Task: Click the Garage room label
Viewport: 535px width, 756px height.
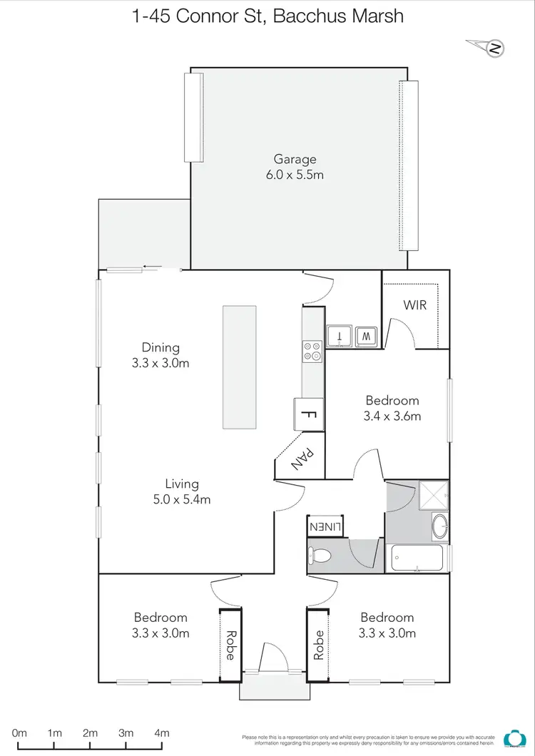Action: pos(295,160)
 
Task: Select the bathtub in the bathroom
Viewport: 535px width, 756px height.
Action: pos(418,557)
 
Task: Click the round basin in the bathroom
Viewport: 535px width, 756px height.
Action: pos(440,528)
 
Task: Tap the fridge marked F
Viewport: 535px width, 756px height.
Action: pos(309,414)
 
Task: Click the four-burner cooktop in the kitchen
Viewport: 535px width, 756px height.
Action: pos(312,351)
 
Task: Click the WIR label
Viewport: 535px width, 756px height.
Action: pos(414,305)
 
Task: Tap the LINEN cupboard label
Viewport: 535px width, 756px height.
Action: pos(325,527)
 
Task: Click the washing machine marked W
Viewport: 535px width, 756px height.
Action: pos(365,335)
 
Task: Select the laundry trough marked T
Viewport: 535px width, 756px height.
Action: pos(340,335)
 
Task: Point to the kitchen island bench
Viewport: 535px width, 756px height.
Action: pos(239,367)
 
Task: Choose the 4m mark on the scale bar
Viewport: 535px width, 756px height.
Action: pos(162,732)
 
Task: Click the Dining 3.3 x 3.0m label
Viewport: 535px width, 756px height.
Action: pos(160,355)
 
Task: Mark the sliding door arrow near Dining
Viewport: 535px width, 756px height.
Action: pos(152,267)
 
